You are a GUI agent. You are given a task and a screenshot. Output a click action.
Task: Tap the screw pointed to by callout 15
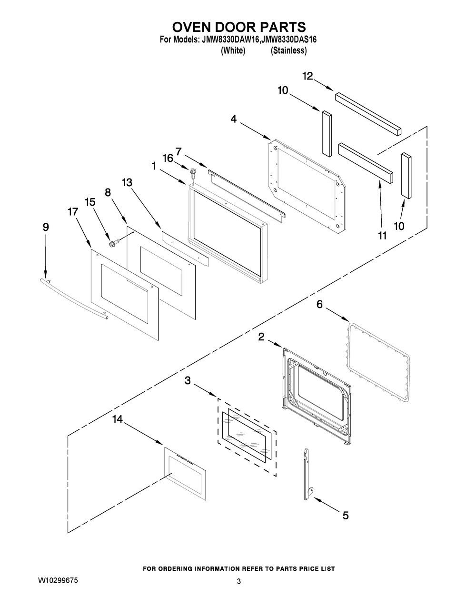pyautogui.click(x=114, y=242)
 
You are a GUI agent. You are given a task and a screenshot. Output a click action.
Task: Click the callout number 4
pyautogui.click(x=233, y=119)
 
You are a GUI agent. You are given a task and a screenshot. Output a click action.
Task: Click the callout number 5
pyautogui.click(x=346, y=516)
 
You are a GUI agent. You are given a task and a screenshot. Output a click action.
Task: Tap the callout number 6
pyautogui.click(x=319, y=304)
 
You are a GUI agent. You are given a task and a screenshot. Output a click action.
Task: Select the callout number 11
pyautogui.click(x=383, y=235)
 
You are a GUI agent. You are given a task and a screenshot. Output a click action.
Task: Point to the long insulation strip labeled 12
pyautogui.click(x=368, y=114)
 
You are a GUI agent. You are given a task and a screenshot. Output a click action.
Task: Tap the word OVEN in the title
pyautogui.click(x=191, y=27)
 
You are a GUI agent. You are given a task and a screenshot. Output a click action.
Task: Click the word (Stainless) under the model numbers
pyautogui.click(x=289, y=50)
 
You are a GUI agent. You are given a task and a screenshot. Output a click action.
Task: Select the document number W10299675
pyautogui.click(x=58, y=581)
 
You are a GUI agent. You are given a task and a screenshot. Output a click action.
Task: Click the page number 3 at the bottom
pyautogui.click(x=238, y=581)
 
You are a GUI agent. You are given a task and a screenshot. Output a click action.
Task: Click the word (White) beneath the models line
pyautogui.click(x=233, y=50)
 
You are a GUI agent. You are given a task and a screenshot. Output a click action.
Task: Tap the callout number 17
pyautogui.click(x=73, y=211)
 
